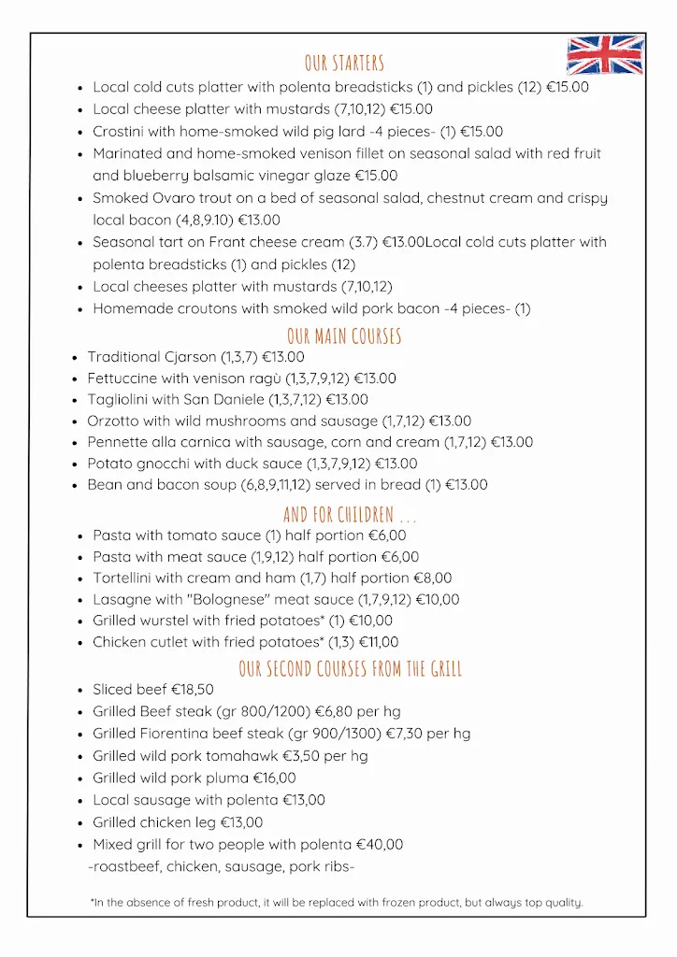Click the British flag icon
(x=605, y=55)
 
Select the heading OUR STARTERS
(x=344, y=64)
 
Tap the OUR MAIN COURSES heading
(x=344, y=336)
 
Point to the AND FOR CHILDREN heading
(x=350, y=515)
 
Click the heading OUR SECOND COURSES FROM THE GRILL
(x=350, y=669)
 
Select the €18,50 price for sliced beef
(x=193, y=691)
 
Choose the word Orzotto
(x=113, y=421)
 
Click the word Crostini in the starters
(x=119, y=132)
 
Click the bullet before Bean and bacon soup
(x=75, y=486)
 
